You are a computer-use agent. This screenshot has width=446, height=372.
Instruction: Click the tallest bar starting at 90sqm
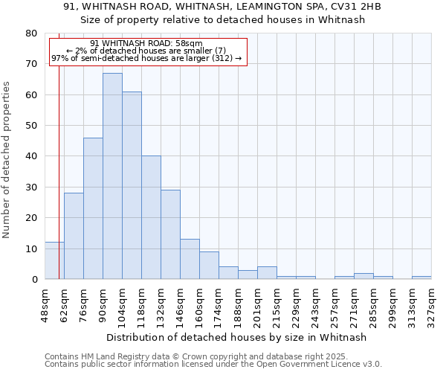click(x=112, y=176)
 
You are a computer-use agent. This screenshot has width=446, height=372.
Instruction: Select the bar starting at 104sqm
click(x=132, y=185)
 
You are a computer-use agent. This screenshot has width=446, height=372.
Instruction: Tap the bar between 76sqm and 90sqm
click(x=93, y=208)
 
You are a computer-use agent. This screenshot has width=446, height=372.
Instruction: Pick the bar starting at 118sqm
click(x=151, y=217)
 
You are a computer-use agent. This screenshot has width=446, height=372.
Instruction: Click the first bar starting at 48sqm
click(x=54, y=260)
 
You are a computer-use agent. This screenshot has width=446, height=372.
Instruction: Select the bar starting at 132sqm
click(x=170, y=234)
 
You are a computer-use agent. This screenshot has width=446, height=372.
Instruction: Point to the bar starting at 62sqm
click(x=74, y=236)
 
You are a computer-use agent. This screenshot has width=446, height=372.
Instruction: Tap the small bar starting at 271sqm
click(x=363, y=276)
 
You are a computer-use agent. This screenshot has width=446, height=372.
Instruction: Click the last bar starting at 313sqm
click(x=421, y=278)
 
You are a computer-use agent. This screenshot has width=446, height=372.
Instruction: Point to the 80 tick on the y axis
click(x=32, y=33)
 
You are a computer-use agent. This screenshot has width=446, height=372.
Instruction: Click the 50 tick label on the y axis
click(x=32, y=126)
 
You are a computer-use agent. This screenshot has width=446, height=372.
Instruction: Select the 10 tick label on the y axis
click(x=32, y=248)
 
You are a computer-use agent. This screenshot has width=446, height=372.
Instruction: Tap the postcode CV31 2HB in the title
click(x=354, y=7)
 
